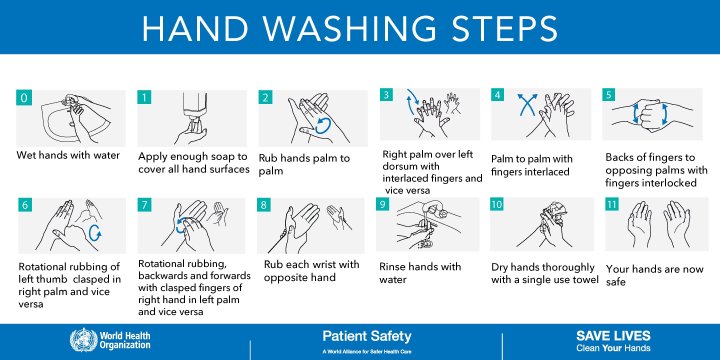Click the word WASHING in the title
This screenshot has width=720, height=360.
pos(359,27)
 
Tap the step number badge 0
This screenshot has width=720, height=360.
pos(24,97)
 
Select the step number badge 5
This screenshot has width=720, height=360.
pos(609,95)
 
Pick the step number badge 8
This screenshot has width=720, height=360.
pos(264,205)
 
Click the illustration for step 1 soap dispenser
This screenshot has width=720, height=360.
pos(190,119)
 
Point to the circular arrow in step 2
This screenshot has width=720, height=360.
pos(321,125)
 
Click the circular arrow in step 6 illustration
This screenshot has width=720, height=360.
pos(96,232)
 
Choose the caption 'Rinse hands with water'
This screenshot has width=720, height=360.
pos(419,273)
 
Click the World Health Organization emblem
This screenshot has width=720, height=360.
pos(79,340)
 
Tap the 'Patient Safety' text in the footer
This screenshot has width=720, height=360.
pos(366,336)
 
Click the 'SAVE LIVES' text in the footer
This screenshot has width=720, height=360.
pos(613,335)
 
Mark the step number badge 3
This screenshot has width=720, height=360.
pos(387,95)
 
